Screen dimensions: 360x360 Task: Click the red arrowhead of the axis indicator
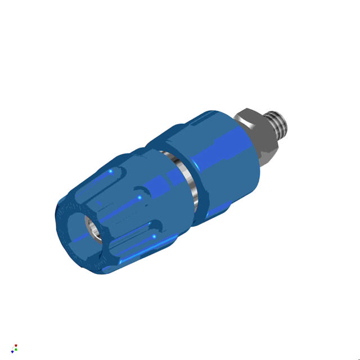click(x=16, y=345)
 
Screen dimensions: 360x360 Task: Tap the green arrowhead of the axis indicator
click(x=16, y=349)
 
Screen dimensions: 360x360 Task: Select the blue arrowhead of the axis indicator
click(x=12, y=351)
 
